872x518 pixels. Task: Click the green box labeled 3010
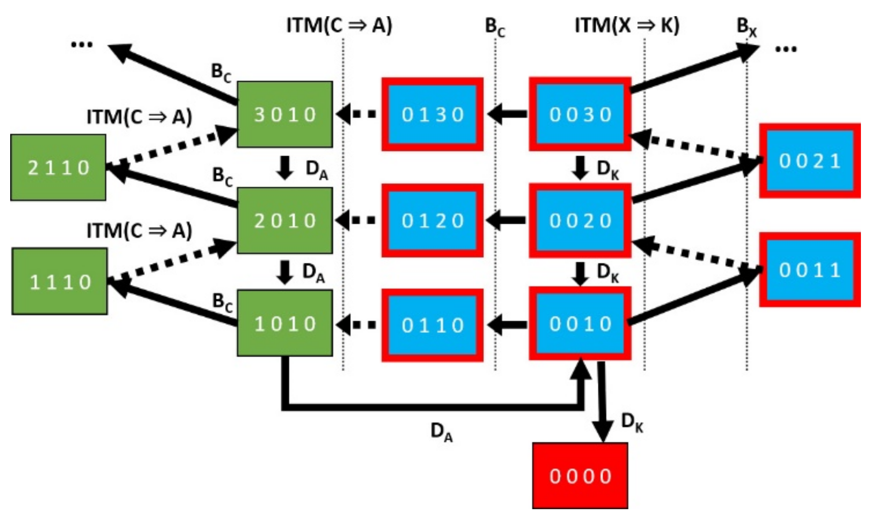point(285,114)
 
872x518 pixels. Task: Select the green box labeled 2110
point(58,168)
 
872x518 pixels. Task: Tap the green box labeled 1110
point(60,281)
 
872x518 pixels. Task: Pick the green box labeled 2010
point(285,220)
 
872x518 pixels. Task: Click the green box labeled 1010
point(285,323)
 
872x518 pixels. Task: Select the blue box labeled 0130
point(432,114)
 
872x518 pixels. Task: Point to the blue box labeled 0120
point(432,220)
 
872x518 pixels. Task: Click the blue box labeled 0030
point(580,114)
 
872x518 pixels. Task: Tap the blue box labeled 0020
point(580,220)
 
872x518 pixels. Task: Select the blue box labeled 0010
point(580,323)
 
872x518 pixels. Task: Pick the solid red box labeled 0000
point(580,476)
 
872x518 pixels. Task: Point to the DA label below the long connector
point(441,432)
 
